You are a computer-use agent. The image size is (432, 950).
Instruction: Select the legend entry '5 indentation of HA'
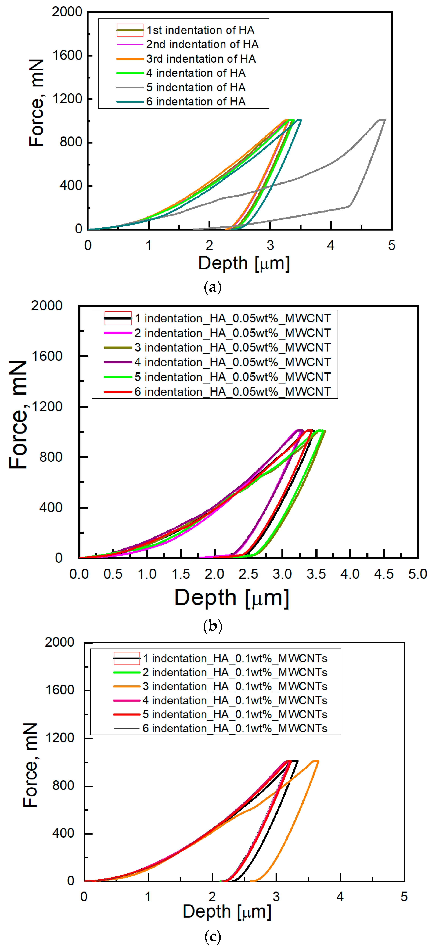coord(196,87)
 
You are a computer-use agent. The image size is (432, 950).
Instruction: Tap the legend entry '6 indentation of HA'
coord(196,101)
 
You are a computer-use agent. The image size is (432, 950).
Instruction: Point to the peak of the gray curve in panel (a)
coord(381,120)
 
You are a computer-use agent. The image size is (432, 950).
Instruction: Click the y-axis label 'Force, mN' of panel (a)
coord(37,103)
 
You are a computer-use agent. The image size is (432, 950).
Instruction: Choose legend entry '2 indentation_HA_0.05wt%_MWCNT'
coord(232,333)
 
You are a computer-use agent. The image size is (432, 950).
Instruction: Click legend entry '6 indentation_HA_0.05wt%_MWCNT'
coord(232,392)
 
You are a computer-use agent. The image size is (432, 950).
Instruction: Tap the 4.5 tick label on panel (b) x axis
coord(384,574)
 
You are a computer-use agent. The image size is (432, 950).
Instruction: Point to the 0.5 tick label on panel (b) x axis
coord(113,574)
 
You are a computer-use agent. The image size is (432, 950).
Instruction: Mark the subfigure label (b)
coord(213,626)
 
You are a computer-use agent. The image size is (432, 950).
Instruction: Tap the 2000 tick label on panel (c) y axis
coord(60,642)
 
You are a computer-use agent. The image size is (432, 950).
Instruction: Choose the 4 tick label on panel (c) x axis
coord(340,897)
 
